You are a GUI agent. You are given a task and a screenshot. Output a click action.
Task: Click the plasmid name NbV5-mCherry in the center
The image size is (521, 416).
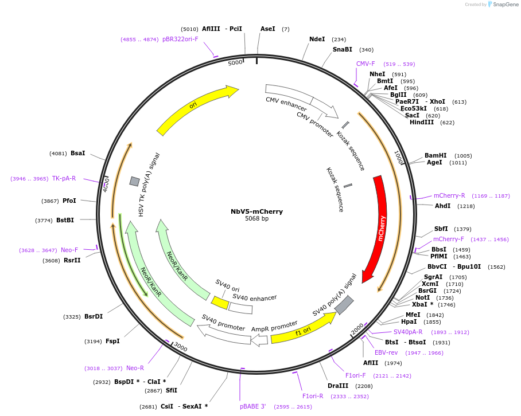pyautogui.click(x=256, y=211)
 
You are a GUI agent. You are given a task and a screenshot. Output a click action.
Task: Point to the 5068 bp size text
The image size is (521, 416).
pyautogui.click(x=256, y=219)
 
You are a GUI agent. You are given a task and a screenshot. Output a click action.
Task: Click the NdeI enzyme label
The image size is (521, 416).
pyautogui.click(x=317, y=40)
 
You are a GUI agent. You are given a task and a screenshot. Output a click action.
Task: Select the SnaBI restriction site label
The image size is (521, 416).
pyautogui.click(x=343, y=50)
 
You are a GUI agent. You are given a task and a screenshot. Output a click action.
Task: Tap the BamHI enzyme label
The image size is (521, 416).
pyautogui.click(x=436, y=156)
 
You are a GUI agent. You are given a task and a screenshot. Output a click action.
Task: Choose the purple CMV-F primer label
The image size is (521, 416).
pyautogui.click(x=366, y=64)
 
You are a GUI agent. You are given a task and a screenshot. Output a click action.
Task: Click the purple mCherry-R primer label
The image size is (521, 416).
pyautogui.click(x=449, y=196)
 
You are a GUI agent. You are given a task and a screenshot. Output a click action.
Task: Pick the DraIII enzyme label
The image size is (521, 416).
pyautogui.click(x=338, y=386)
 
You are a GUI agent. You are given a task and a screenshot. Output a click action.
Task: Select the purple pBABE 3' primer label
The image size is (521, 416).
pyautogui.click(x=253, y=406)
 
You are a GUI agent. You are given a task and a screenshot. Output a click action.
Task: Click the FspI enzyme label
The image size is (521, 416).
pyautogui.click(x=112, y=342)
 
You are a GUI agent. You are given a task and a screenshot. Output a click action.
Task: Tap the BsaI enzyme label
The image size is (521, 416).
pyautogui.click(x=77, y=154)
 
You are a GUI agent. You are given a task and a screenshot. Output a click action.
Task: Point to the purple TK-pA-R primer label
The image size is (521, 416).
pyautogui.click(x=64, y=179)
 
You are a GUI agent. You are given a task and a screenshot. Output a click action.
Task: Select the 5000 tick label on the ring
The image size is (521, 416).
pyautogui.click(x=235, y=63)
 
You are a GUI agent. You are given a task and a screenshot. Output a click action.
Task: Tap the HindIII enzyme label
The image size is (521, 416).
pyautogui.click(x=422, y=123)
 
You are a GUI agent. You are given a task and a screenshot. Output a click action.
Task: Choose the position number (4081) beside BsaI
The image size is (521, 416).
pyautogui.click(x=58, y=154)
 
